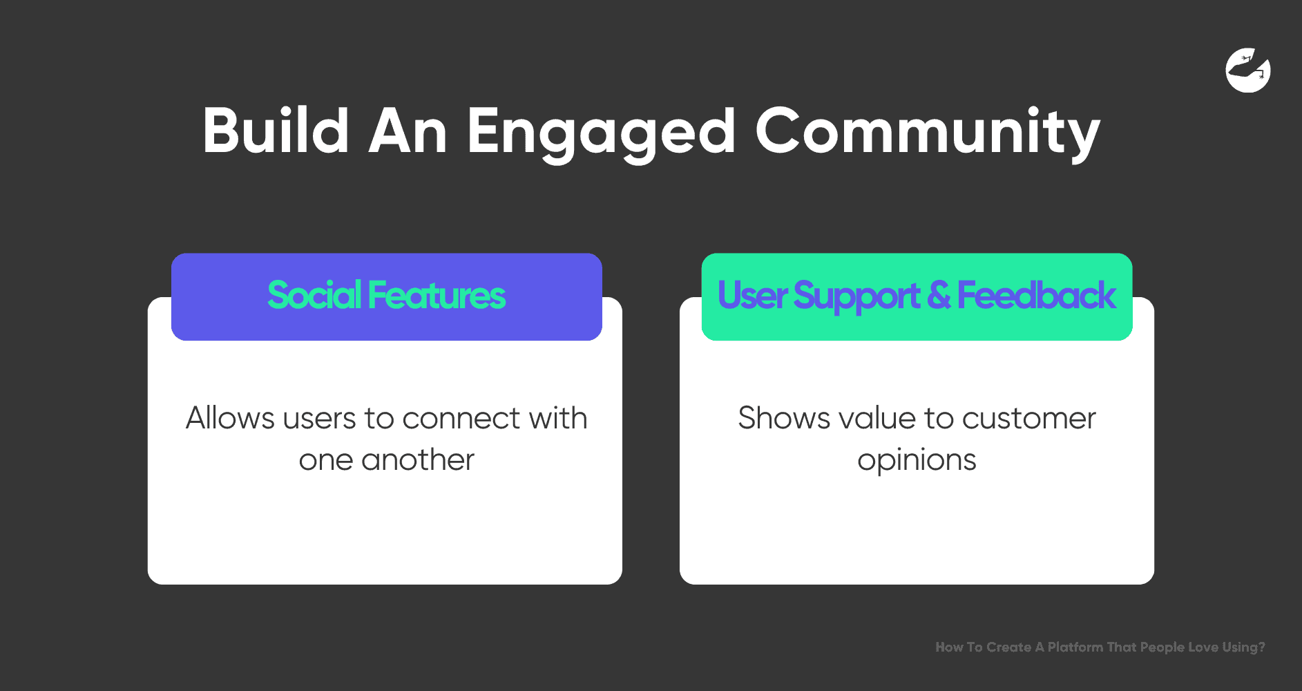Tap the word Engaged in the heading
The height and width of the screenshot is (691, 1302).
tap(601, 135)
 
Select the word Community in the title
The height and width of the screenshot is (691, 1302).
tap(928, 135)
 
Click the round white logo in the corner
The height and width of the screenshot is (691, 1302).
tap(1248, 70)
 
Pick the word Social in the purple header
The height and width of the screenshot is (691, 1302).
tap(314, 295)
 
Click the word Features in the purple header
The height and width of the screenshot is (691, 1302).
tap(437, 295)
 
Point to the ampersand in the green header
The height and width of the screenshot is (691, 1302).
tap(939, 295)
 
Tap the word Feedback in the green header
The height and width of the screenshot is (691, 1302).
tap(1036, 295)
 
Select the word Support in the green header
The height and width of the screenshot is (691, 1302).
tap(856, 297)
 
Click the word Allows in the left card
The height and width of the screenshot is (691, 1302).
tap(230, 417)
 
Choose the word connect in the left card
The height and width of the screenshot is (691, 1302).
tap(461, 419)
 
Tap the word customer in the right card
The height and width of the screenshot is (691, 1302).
tap(1028, 419)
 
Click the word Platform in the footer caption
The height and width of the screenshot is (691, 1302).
tap(1075, 647)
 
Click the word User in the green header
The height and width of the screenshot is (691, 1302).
tap(752, 295)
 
